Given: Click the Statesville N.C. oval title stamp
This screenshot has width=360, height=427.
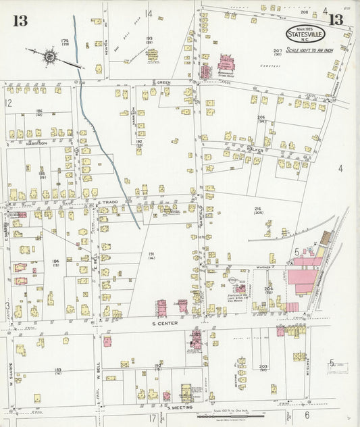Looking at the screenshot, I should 305,33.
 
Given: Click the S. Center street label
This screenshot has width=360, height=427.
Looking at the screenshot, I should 157,324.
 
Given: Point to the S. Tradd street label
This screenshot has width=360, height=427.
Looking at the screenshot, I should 108,202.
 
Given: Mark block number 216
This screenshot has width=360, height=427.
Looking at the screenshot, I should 257,211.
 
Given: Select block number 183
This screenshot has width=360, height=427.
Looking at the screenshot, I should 58,370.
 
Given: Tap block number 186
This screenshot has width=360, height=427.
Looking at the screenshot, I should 39,111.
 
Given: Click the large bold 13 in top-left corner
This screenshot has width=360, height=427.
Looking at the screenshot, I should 20,20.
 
